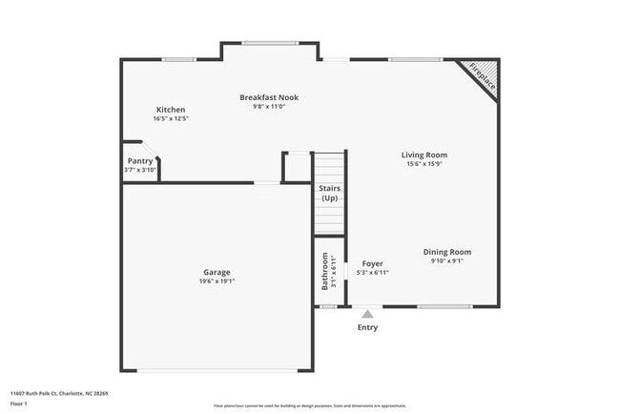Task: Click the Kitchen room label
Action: pyautogui.click(x=172, y=110)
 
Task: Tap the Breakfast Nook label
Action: pyautogui.click(x=269, y=97)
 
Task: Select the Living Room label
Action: pyautogui.click(x=424, y=155)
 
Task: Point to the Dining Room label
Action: pyautogui.click(x=447, y=252)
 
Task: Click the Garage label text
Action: pyautogui.click(x=217, y=272)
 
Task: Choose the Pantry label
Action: pyautogui.click(x=139, y=161)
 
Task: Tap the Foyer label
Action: pyautogui.click(x=372, y=263)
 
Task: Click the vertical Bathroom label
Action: pyautogui.click(x=325, y=272)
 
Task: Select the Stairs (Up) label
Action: pyautogui.click(x=329, y=193)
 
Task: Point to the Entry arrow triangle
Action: pyautogui.click(x=367, y=313)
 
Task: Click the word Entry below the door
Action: pyautogui.click(x=367, y=327)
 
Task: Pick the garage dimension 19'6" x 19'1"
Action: pyautogui.click(x=217, y=281)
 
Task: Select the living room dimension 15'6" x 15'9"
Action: pyautogui.click(x=424, y=164)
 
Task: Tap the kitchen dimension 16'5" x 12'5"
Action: pyautogui.click(x=172, y=119)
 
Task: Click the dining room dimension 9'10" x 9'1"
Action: pyautogui.click(x=447, y=261)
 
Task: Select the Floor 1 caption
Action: pyautogui.click(x=20, y=404)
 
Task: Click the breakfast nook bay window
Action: pyautogui.click(x=270, y=42)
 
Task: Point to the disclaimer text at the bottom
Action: pyautogui.click(x=309, y=405)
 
